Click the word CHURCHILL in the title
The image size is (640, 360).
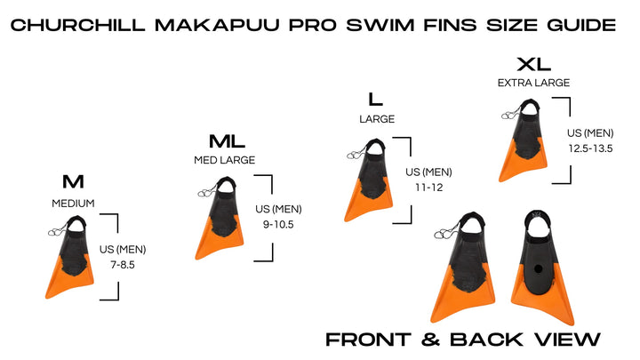coord(84,24)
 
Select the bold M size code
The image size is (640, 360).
coord(73,182)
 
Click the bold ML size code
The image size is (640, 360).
coord(227,142)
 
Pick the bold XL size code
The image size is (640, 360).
coord(533,64)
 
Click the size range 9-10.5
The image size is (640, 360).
coord(278,224)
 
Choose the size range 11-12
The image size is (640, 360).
coord(428,187)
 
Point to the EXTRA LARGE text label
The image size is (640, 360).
coord(533,83)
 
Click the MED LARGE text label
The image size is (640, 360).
coord(225,161)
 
